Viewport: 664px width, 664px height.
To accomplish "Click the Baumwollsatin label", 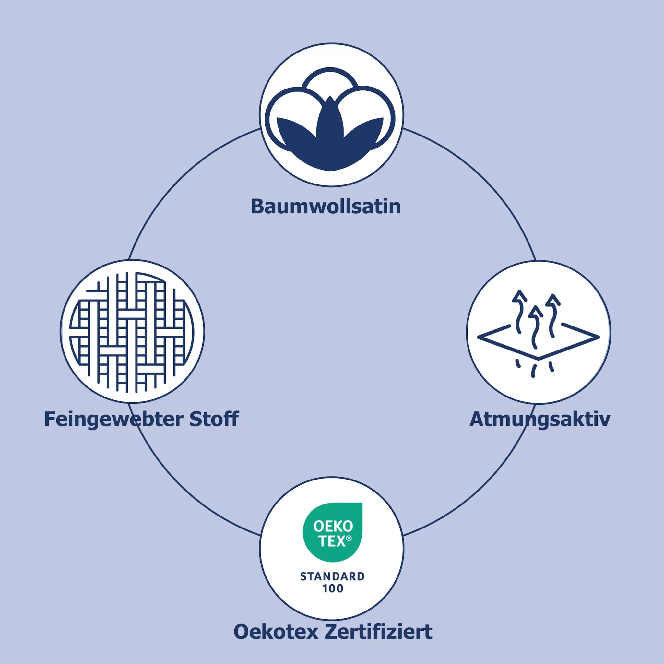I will pos(326,207).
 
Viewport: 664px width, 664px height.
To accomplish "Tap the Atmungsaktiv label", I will pos(539,420).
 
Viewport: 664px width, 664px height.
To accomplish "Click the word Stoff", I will pos(214,419).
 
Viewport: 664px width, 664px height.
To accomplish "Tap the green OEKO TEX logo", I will pos(332,532).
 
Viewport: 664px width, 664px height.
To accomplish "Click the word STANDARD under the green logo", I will pos(332,576).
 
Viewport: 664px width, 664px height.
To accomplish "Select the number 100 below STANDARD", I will pos(332,588).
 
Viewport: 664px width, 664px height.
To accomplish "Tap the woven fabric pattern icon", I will pos(132,332).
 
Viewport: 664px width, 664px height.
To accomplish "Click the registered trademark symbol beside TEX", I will pos(349,538).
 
